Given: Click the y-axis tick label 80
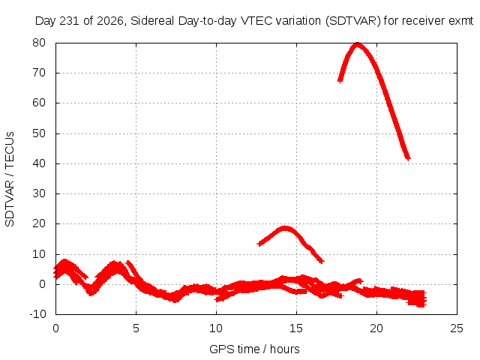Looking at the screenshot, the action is click(x=39, y=43).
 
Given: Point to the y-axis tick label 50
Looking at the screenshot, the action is click(x=39, y=133).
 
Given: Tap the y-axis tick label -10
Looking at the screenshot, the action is click(x=37, y=314).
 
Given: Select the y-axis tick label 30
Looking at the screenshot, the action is click(x=39, y=193).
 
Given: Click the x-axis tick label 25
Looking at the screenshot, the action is click(x=457, y=328).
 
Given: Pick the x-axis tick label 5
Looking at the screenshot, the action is click(x=136, y=328).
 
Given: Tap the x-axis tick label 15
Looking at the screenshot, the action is click(x=296, y=328).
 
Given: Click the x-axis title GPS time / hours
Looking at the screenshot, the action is click(x=254, y=349).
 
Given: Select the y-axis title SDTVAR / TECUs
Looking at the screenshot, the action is click(x=10, y=179).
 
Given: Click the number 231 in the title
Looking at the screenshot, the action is click(x=70, y=21).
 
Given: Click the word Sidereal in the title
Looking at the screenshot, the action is click(x=152, y=21).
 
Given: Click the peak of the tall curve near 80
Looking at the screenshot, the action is click(x=357, y=45).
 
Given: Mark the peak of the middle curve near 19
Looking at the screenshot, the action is click(x=285, y=228).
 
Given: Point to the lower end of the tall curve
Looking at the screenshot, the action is click(x=408, y=158).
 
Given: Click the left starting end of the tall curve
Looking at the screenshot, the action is click(x=340, y=80).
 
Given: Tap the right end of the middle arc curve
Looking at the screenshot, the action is click(x=322, y=261).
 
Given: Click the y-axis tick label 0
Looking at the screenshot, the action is click(x=42, y=284).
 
